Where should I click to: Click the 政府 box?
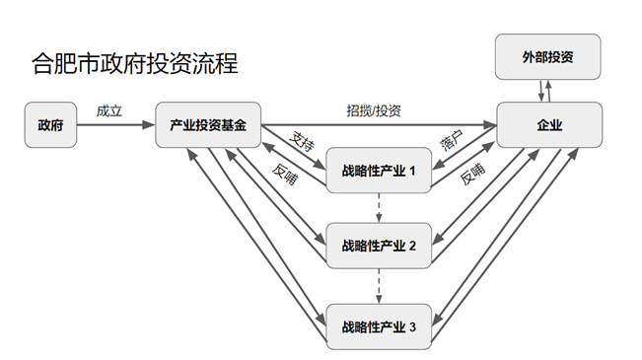tap(50, 126)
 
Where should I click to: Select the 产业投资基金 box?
tap(207, 126)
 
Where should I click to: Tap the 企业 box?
tap(549, 126)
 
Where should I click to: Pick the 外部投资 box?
tap(548, 57)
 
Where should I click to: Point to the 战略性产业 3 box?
tap(380, 326)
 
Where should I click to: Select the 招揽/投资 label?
tap(374, 110)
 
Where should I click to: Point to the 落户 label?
tap(452, 141)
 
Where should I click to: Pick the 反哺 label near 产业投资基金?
tap(286, 174)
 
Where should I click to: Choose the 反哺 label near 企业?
tap(472, 175)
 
